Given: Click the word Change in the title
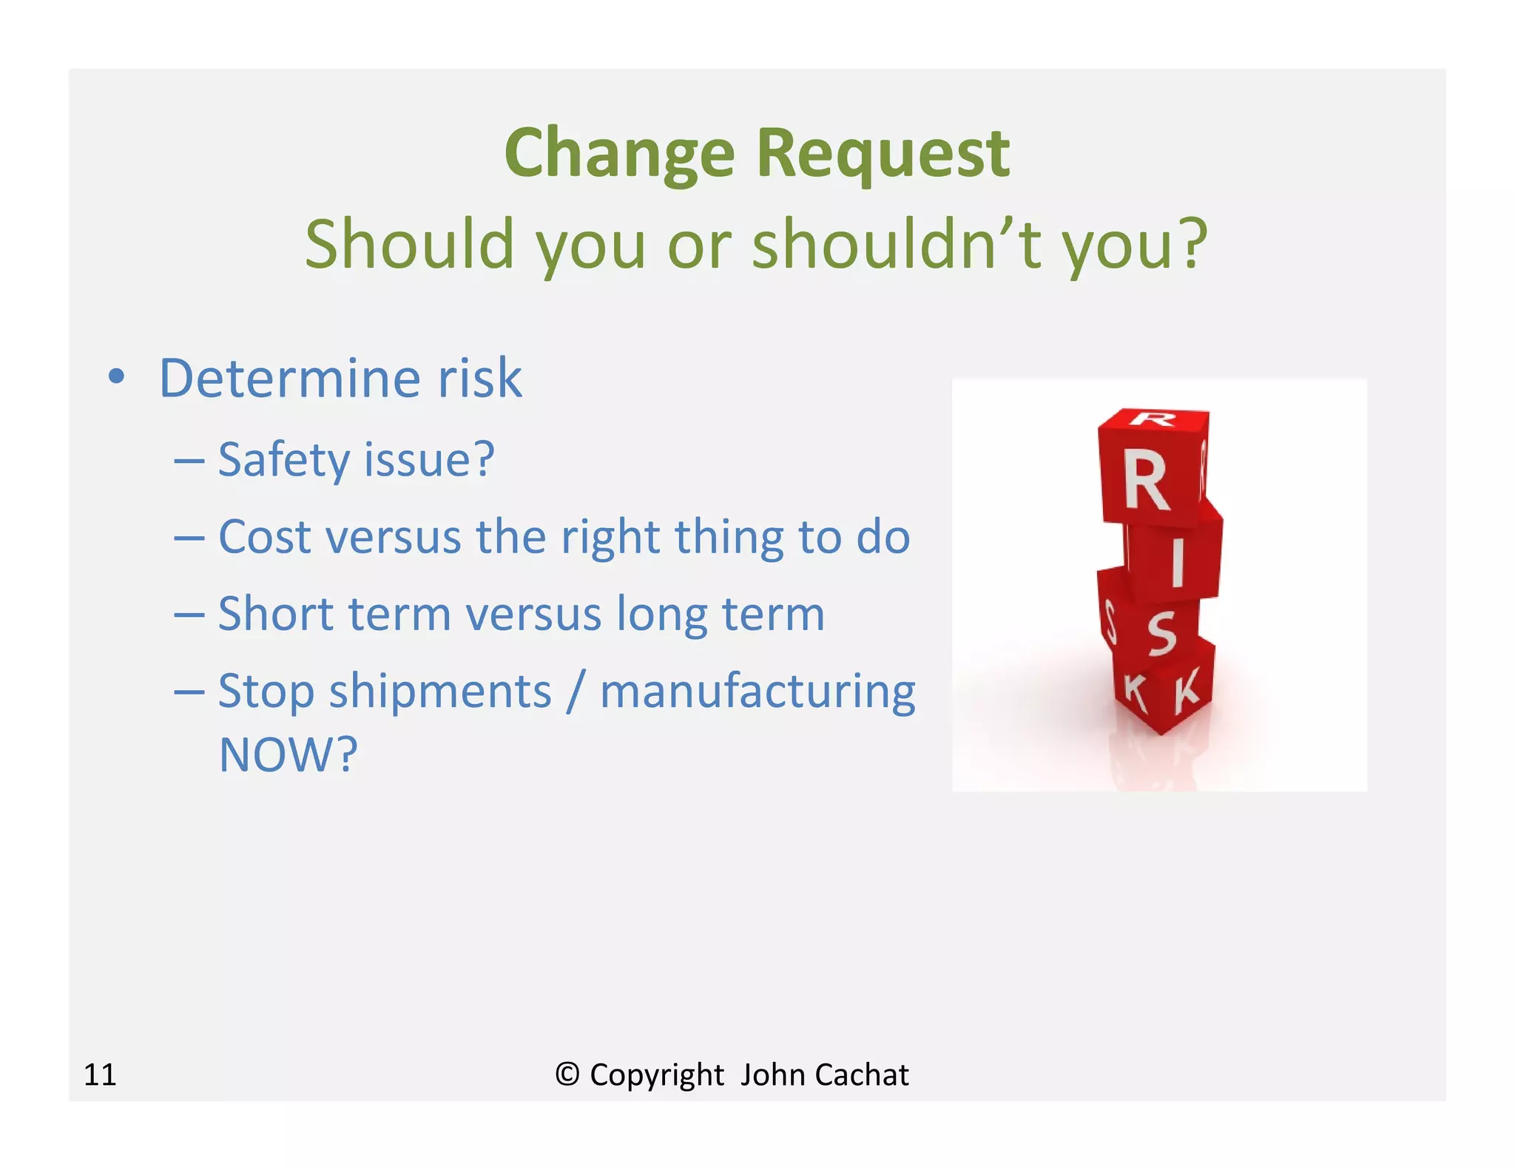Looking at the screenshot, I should point(619,154).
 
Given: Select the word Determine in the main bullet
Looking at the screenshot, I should point(289,379).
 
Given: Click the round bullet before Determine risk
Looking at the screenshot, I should point(116,376).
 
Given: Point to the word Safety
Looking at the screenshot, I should point(283,461).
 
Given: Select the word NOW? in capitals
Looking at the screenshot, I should point(289,755).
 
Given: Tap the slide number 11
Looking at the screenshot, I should point(100,1075).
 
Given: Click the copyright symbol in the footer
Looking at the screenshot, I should point(567,1074).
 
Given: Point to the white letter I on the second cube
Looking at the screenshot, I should point(1177,561).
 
